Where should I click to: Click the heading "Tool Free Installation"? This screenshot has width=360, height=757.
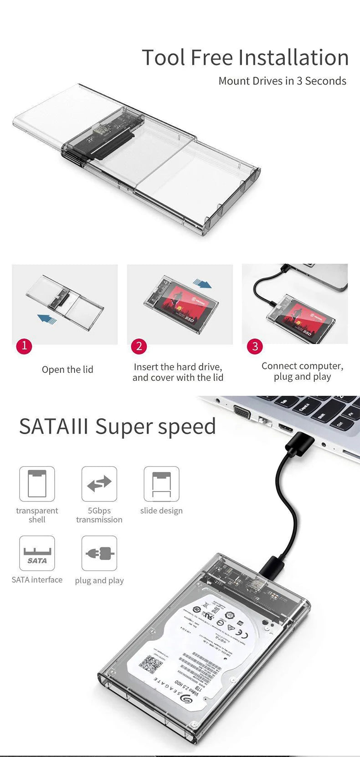click(245, 58)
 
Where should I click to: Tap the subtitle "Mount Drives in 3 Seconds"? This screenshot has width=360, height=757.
click(282, 81)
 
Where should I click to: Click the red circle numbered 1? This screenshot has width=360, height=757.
click(24, 346)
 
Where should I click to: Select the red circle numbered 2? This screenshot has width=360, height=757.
click(139, 346)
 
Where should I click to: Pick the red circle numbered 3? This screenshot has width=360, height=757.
click(255, 346)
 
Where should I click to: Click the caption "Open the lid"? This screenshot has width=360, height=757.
click(67, 369)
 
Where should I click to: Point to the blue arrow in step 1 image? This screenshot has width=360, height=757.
click(47, 318)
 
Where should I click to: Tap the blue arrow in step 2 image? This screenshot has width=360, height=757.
click(202, 284)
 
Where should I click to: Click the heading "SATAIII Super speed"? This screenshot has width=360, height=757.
click(117, 427)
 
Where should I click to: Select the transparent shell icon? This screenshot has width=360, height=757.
click(37, 484)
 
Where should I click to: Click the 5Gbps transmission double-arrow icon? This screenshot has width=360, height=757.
click(99, 484)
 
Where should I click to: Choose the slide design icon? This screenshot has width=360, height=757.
click(161, 484)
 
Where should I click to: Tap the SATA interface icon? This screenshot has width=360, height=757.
click(37, 553)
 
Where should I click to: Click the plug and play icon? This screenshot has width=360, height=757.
click(99, 553)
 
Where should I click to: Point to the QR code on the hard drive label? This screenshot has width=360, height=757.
click(150, 664)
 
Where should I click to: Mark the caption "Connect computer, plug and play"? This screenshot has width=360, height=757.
click(302, 371)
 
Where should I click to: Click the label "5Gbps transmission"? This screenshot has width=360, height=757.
click(99, 515)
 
